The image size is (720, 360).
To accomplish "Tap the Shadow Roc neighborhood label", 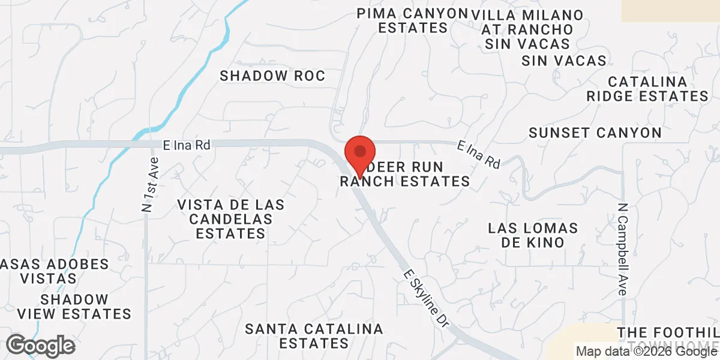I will click(x=272, y=76).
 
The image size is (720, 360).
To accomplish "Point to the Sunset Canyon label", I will click(x=595, y=133).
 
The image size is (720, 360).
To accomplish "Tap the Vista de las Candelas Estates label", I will click(x=230, y=219).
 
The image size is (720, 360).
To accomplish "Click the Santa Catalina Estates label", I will click(x=314, y=336).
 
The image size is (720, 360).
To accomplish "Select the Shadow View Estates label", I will click(x=74, y=307).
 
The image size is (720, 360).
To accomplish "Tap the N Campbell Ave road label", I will click(x=622, y=248).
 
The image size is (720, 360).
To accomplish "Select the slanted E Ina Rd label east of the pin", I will click(x=479, y=154).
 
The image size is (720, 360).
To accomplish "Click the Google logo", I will click(x=40, y=346).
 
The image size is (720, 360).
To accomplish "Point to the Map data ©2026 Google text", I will click(x=646, y=352).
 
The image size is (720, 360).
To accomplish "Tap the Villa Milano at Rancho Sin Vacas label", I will click(x=527, y=29).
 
